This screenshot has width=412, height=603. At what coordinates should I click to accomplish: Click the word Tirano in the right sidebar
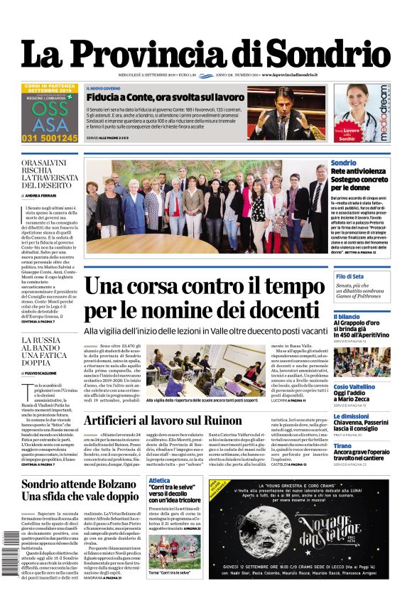(342, 446)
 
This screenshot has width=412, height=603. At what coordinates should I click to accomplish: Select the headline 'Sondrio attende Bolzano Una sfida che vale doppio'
(80, 491)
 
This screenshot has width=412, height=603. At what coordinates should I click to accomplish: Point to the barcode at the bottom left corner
(10, 565)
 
